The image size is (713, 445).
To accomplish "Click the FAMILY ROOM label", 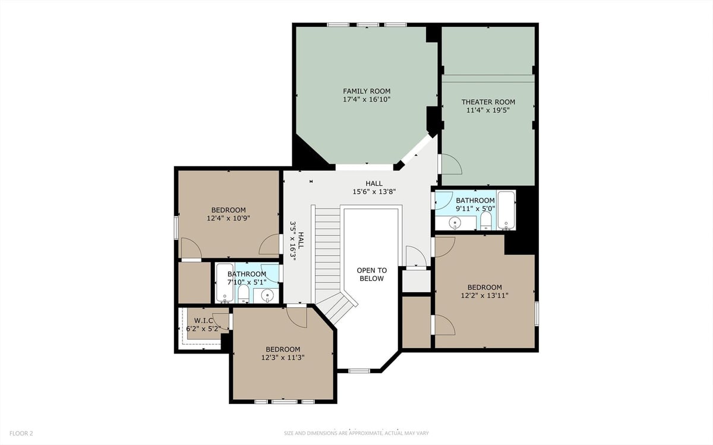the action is (x=367, y=91).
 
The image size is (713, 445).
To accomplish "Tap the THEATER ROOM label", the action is (x=488, y=102).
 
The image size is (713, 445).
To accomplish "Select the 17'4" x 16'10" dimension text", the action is (x=367, y=99).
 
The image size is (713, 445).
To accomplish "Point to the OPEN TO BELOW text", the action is (x=372, y=274).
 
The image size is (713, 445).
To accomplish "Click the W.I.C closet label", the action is (x=203, y=321).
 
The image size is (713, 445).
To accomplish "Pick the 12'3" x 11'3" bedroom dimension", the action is (x=283, y=358).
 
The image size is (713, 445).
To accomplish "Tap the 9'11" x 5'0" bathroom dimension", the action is (x=475, y=209).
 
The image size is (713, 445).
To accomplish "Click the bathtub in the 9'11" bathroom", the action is (x=506, y=210).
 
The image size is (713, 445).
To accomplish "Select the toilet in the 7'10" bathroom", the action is (x=244, y=293).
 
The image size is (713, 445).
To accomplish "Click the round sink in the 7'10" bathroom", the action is (x=267, y=296).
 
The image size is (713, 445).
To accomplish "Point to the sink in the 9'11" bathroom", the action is (x=455, y=222).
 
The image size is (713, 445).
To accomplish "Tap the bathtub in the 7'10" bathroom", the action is (x=225, y=283).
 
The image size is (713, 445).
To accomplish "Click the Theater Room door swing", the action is (x=450, y=164).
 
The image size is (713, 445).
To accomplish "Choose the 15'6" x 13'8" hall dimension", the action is (x=374, y=192).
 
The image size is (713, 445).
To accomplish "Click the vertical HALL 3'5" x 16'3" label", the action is (x=296, y=241).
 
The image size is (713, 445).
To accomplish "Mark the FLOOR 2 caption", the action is (x=21, y=433).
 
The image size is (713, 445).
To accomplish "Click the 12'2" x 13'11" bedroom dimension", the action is (x=484, y=295).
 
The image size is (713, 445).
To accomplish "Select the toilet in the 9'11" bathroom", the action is (x=486, y=220).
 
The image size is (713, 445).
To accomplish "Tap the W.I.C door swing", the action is (x=221, y=321).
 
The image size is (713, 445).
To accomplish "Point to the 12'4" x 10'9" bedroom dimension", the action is (x=228, y=219).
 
